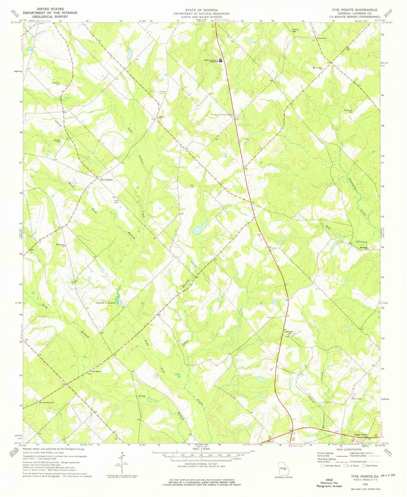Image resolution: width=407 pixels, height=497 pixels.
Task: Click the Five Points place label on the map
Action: pyautogui.click(x=106, y=180)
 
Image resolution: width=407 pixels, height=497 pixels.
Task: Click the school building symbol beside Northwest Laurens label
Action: pyautogui.click(x=221, y=60)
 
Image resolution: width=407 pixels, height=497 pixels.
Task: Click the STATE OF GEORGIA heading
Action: pyautogui.click(x=201, y=9)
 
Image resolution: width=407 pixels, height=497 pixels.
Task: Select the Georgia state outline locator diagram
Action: pyautogui.click(x=283, y=470)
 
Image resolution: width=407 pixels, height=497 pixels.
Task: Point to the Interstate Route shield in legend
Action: pyautogui.click(x=323, y=466)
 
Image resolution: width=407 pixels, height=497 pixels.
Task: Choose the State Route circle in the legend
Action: pyautogui.click(x=364, y=466)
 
